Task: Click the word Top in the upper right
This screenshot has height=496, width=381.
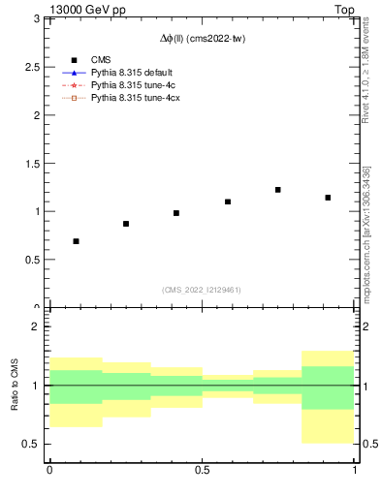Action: tap(344, 8)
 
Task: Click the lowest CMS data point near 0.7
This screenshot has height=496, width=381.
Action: tap(76, 241)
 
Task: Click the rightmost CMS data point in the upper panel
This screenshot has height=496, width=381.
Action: tap(329, 198)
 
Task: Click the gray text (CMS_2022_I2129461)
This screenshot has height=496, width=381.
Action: tap(202, 290)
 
